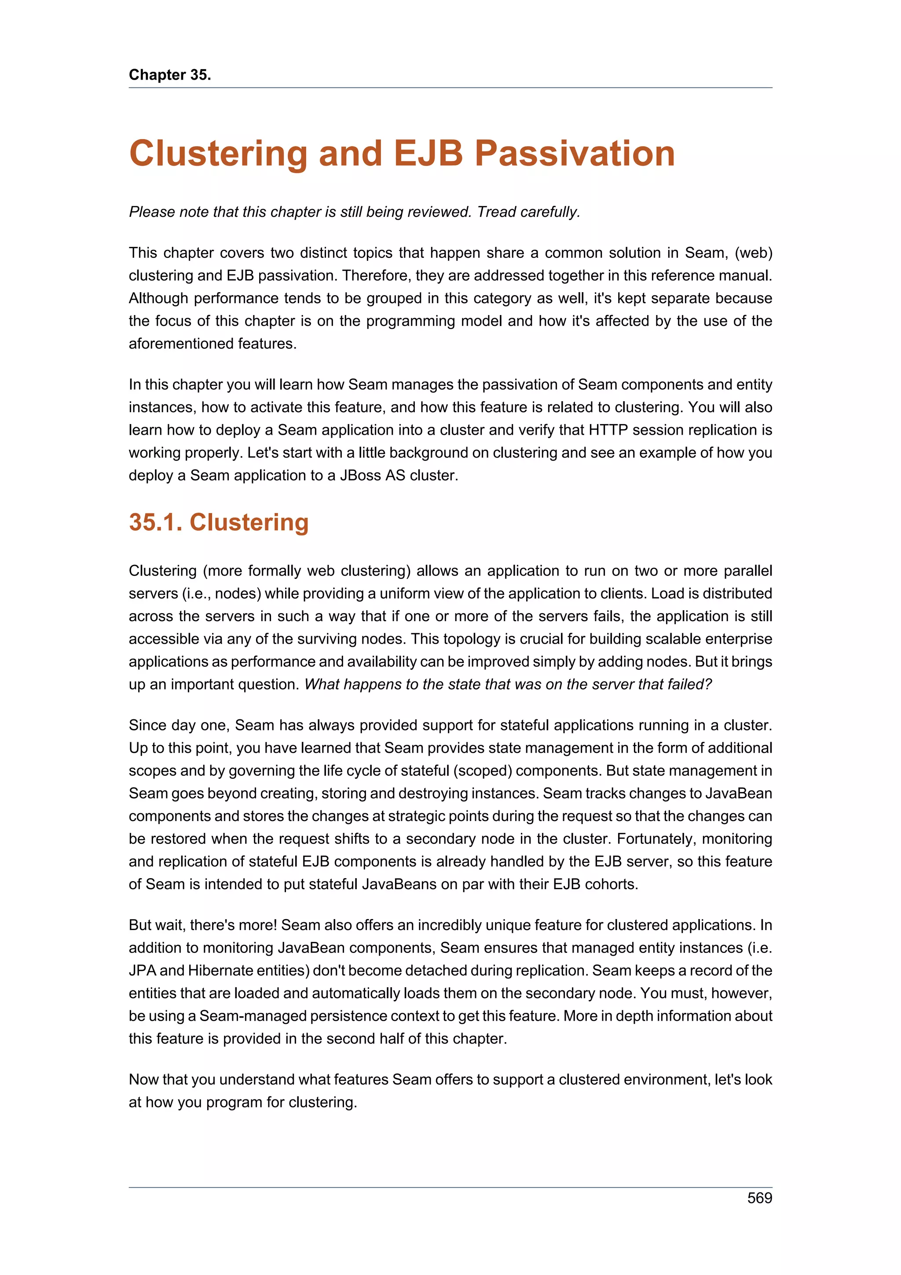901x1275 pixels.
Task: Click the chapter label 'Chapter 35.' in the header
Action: [x=170, y=75]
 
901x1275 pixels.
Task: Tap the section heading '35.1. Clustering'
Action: [x=218, y=523]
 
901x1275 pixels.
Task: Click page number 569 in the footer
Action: [x=759, y=1198]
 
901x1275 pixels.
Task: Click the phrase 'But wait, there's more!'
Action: [x=203, y=925]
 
